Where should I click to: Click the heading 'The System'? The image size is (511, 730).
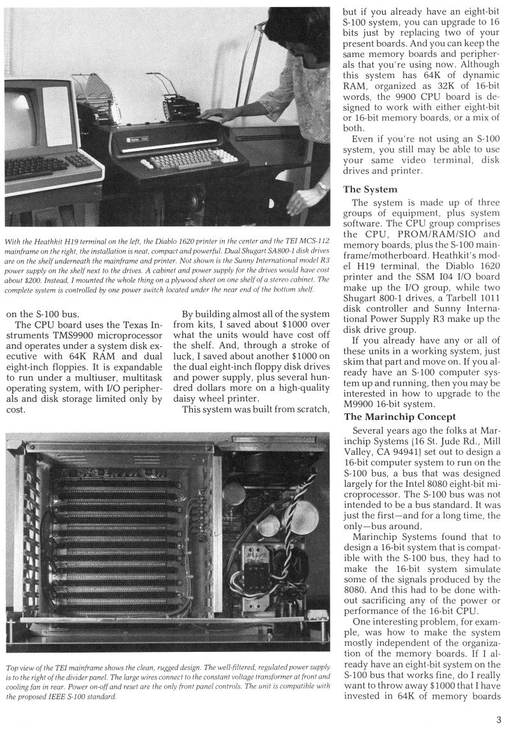pyautogui.click(x=370, y=189)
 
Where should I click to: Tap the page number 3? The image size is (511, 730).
pyautogui.click(x=499, y=718)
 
